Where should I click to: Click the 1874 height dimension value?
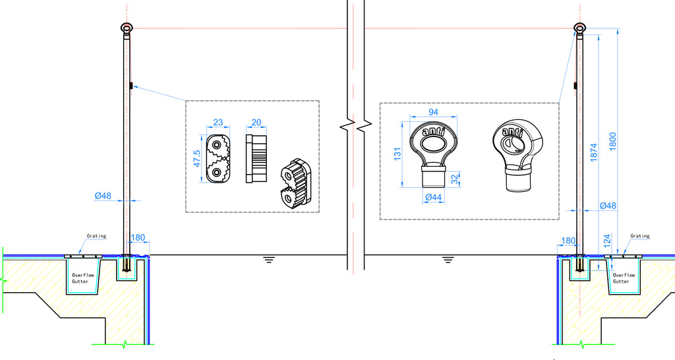[594, 152]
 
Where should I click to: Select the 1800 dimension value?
[613, 141]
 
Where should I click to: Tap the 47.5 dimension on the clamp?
[196, 158]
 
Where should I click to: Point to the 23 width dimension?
[218, 122]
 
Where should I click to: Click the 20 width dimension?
[256, 122]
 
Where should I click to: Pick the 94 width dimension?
[434, 112]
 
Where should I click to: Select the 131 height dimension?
[397, 154]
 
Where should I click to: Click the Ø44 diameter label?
[434, 197]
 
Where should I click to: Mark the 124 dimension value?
[607, 241]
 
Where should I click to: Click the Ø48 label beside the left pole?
[103, 196]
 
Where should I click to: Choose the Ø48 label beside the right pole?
[608, 206]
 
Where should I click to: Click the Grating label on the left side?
[96, 236]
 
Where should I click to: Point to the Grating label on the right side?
[640, 236]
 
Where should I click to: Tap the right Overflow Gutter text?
[624, 278]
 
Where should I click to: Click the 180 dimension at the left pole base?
[138, 238]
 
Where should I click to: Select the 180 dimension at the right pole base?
[568, 241]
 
